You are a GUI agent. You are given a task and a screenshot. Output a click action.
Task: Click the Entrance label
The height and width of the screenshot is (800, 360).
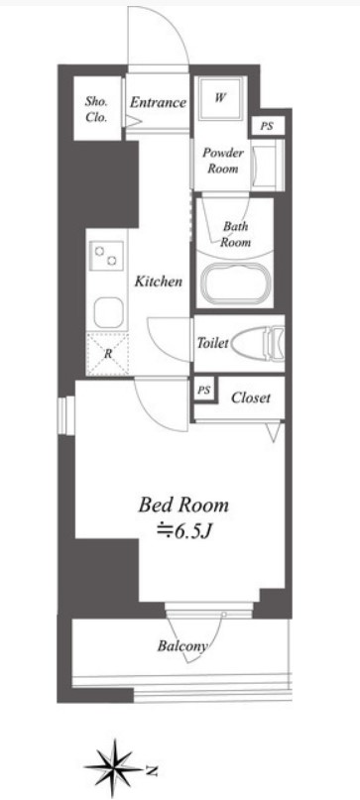(158, 102)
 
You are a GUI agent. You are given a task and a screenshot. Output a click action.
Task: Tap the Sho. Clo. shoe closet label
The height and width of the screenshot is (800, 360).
(96, 109)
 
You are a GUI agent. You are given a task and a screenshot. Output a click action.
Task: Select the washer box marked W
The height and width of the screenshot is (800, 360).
(219, 98)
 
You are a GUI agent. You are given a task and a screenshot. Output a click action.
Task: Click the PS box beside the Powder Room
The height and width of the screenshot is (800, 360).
(267, 127)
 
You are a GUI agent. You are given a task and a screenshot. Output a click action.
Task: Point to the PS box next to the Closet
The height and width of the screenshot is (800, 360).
(203, 391)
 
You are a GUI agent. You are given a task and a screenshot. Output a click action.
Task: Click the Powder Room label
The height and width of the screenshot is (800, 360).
(222, 161)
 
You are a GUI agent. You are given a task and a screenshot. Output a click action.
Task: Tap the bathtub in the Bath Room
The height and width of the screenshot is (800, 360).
(234, 283)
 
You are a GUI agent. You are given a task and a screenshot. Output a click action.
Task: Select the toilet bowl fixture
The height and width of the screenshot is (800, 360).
(257, 342)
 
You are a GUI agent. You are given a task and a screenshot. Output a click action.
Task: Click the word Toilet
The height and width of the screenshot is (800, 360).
(212, 343)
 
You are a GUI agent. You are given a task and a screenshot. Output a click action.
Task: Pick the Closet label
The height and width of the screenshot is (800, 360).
(250, 398)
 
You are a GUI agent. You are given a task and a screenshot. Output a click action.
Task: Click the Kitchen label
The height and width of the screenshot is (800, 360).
(159, 282)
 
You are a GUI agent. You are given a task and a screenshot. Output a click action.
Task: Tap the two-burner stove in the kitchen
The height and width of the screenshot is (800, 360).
(106, 256)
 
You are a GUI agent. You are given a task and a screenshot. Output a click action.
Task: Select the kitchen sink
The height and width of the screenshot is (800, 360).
(108, 312)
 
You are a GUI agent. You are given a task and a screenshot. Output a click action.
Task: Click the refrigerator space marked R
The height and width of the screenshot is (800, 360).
(107, 353)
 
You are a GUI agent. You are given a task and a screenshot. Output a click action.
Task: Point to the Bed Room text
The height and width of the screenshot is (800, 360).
(183, 505)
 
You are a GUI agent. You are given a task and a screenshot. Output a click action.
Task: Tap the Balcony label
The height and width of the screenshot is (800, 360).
(182, 646)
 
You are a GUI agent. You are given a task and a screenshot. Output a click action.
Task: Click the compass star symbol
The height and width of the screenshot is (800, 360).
(113, 767)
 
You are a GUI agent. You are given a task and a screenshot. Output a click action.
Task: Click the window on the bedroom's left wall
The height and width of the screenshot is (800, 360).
(65, 415)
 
